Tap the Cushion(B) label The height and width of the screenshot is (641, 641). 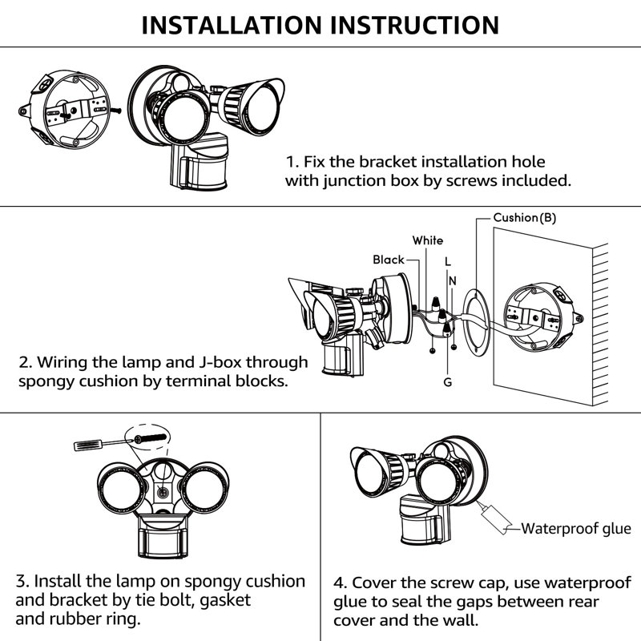tap(524, 218)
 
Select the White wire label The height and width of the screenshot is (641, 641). tap(428, 240)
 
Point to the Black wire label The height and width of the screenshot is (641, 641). tap(389, 260)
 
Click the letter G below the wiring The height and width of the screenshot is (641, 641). tap(447, 382)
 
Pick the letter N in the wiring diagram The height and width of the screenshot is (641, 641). tap(454, 280)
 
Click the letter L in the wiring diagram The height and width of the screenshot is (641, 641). tap(447, 262)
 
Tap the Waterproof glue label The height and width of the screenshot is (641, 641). tap(576, 528)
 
